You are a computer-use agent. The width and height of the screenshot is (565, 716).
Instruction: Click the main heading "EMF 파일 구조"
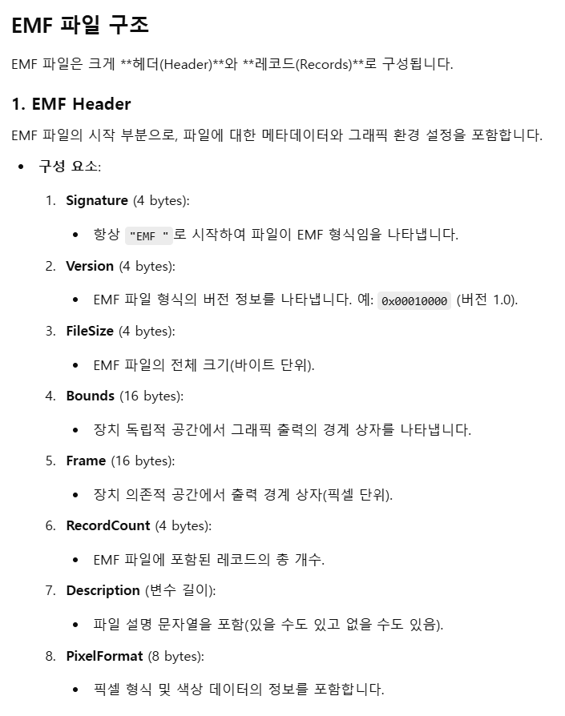[x=80, y=25]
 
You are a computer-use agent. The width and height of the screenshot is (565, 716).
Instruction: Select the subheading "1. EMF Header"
[x=71, y=104]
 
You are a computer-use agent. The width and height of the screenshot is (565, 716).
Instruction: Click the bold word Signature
[x=97, y=200]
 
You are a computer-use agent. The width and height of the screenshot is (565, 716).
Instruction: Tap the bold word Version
[x=90, y=266]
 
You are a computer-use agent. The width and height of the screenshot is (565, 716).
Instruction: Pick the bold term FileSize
[x=90, y=331]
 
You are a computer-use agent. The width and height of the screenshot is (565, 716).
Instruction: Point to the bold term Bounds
[x=91, y=396]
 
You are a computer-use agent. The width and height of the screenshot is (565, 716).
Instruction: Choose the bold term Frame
[x=86, y=461]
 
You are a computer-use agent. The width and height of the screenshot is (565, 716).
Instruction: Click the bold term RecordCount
[x=108, y=525]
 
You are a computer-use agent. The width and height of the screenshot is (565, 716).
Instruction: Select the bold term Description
[x=103, y=590]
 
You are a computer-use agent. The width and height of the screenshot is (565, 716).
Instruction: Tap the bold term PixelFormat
[x=104, y=656]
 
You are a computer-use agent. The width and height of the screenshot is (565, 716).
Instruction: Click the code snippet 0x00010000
[x=414, y=301]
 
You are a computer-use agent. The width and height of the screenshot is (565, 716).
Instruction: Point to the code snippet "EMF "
[x=150, y=235]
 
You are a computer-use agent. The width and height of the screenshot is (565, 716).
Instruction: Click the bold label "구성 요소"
[x=68, y=167]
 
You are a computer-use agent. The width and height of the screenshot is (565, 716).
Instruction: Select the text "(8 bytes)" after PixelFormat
[x=176, y=656]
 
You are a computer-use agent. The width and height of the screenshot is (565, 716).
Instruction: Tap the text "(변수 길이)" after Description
[x=180, y=590]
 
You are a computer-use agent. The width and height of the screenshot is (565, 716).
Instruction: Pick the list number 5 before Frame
[x=50, y=461]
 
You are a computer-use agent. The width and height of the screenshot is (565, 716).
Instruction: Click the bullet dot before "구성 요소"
[x=22, y=167]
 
